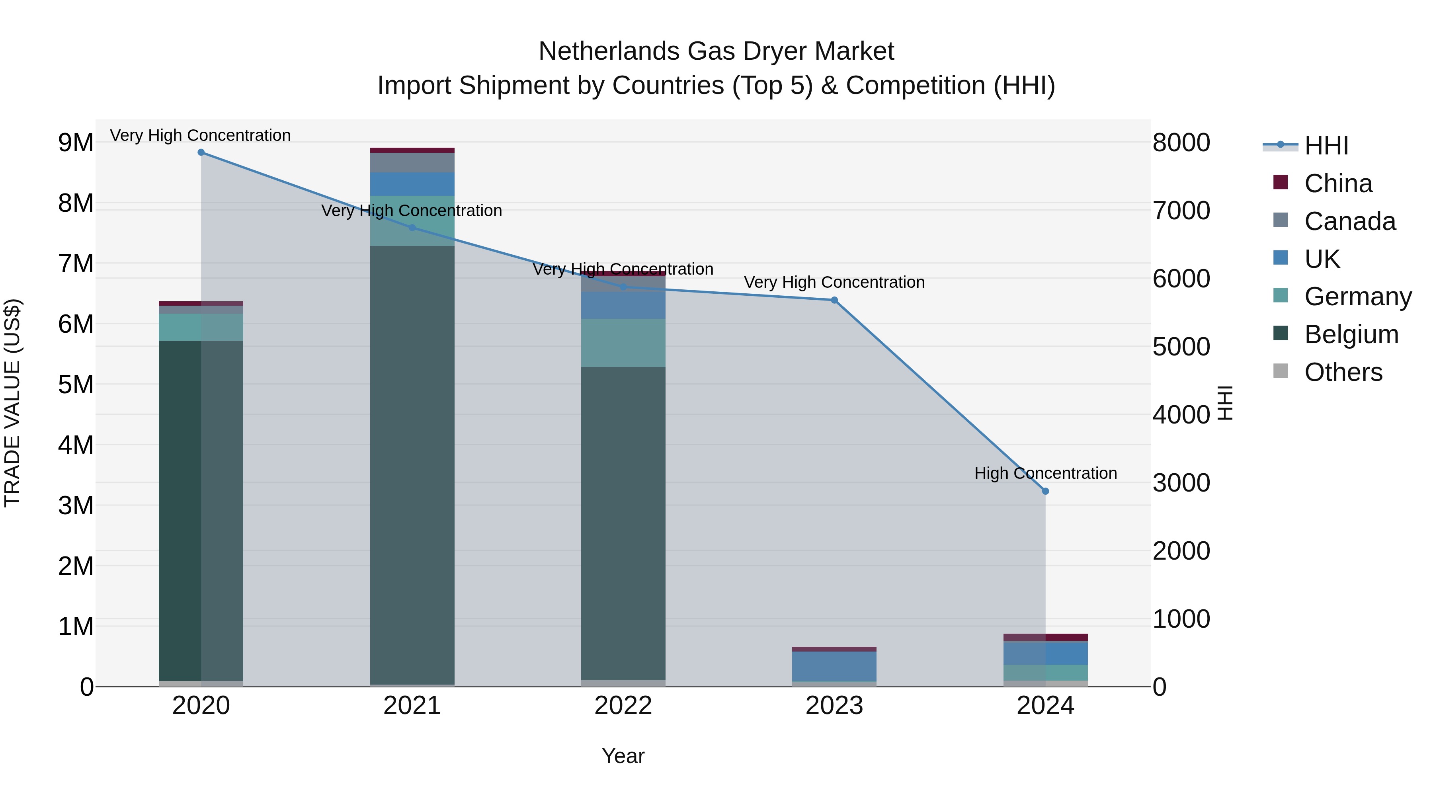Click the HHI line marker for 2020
click(x=201, y=152)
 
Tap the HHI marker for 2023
click(x=834, y=301)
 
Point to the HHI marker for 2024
click(x=1045, y=491)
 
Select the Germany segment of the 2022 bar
click(x=623, y=343)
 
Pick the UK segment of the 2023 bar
click(x=834, y=666)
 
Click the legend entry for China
click(x=1337, y=183)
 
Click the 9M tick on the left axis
click(x=76, y=143)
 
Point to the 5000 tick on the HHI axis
click(x=1181, y=347)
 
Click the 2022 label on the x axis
click(x=623, y=706)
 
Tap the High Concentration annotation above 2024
click(x=1045, y=473)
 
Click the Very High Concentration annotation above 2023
click(x=834, y=283)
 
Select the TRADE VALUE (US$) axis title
click(x=12, y=403)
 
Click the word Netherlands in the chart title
click(x=609, y=51)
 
